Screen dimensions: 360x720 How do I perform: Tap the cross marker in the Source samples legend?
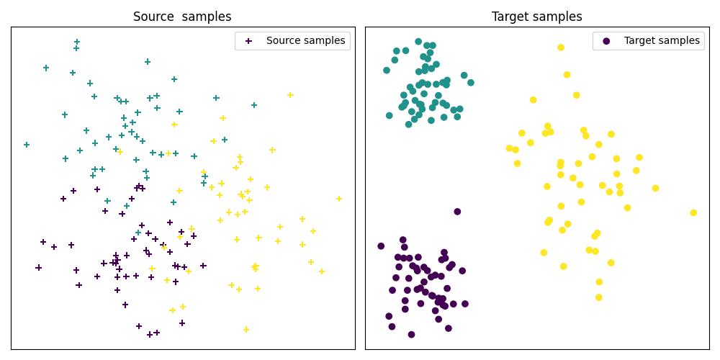[x=248, y=41]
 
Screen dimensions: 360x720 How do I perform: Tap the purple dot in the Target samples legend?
[x=606, y=41]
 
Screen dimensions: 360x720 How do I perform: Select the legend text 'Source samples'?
[x=305, y=41]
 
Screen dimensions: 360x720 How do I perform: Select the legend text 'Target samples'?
[x=662, y=41]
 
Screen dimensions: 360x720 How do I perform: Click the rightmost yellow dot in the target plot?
[x=693, y=213]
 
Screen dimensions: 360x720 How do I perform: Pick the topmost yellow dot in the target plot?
[x=561, y=48]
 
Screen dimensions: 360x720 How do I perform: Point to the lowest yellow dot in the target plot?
[x=598, y=297]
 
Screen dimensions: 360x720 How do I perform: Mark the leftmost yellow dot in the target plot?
[x=509, y=148]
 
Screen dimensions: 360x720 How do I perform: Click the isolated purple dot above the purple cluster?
[x=457, y=212]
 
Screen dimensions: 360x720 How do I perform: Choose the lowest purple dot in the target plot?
[x=411, y=335]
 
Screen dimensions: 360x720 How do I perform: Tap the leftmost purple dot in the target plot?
[x=381, y=246]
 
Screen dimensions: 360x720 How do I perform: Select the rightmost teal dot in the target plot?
[x=471, y=83]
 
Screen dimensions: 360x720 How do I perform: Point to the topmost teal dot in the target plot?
[x=418, y=42]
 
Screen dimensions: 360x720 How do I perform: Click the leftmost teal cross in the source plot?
[x=27, y=145]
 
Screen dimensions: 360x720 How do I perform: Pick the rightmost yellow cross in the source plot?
[x=339, y=199]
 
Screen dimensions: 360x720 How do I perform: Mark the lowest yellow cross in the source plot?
[x=246, y=330]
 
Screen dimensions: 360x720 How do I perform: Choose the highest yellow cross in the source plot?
[x=290, y=95]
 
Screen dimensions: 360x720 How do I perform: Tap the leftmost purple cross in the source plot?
[x=39, y=268]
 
